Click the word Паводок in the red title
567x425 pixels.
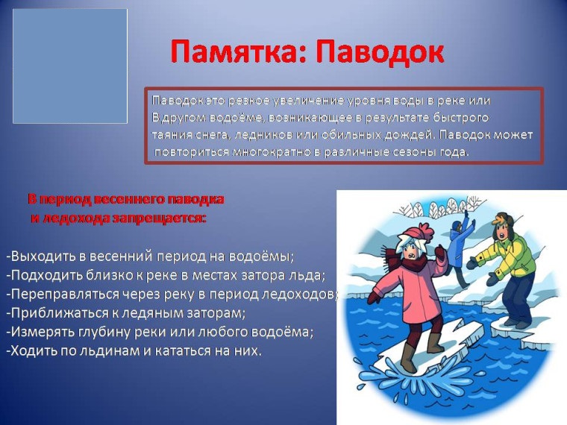(x=380, y=52)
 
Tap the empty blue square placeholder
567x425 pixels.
(x=70, y=66)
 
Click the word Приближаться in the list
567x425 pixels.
(x=56, y=313)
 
